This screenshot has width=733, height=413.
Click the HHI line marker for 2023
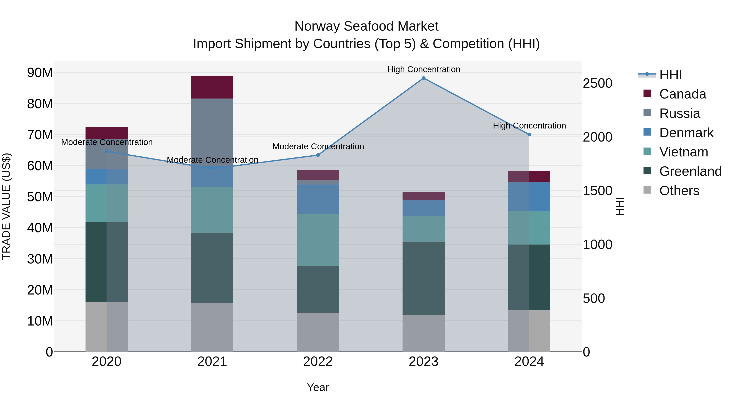pos(424,78)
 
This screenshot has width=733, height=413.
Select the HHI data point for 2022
pos(318,155)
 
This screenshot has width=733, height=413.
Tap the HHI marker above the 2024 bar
pos(529,135)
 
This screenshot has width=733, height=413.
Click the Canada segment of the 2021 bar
pos(212,87)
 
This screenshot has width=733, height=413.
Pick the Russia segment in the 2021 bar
pos(212,128)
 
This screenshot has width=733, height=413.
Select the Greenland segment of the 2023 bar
pos(424,278)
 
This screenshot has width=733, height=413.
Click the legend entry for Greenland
pos(690,171)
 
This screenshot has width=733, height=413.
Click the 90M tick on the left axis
pos(40,73)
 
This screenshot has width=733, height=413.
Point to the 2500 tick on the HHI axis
pos(597,83)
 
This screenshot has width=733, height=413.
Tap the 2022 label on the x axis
pos(318,362)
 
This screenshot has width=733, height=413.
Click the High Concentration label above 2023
pos(424,69)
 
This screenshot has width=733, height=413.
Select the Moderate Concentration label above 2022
pos(318,146)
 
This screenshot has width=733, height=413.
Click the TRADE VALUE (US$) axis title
pos(6,206)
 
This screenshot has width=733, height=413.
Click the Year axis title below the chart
pos(318,387)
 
